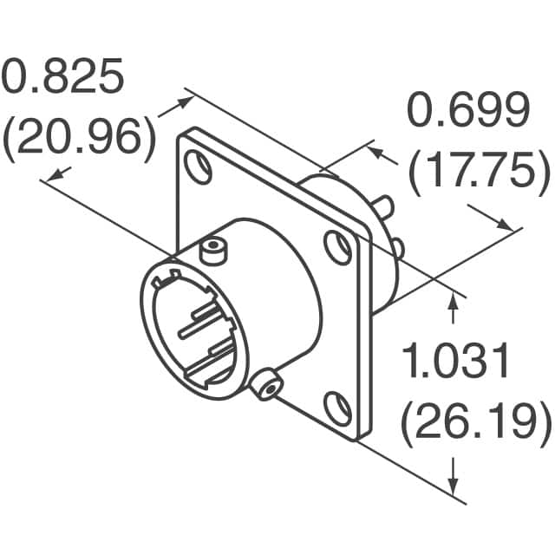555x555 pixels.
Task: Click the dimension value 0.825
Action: coord(62,75)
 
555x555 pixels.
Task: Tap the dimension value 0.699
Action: coord(468,109)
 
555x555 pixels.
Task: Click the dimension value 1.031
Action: coord(455,361)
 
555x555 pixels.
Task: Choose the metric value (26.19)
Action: coord(476,424)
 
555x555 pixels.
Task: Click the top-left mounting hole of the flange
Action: coord(199,167)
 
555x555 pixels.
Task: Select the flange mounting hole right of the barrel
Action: coord(337,247)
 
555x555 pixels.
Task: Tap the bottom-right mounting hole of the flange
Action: coord(338,408)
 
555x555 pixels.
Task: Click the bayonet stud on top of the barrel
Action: coord(214,251)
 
